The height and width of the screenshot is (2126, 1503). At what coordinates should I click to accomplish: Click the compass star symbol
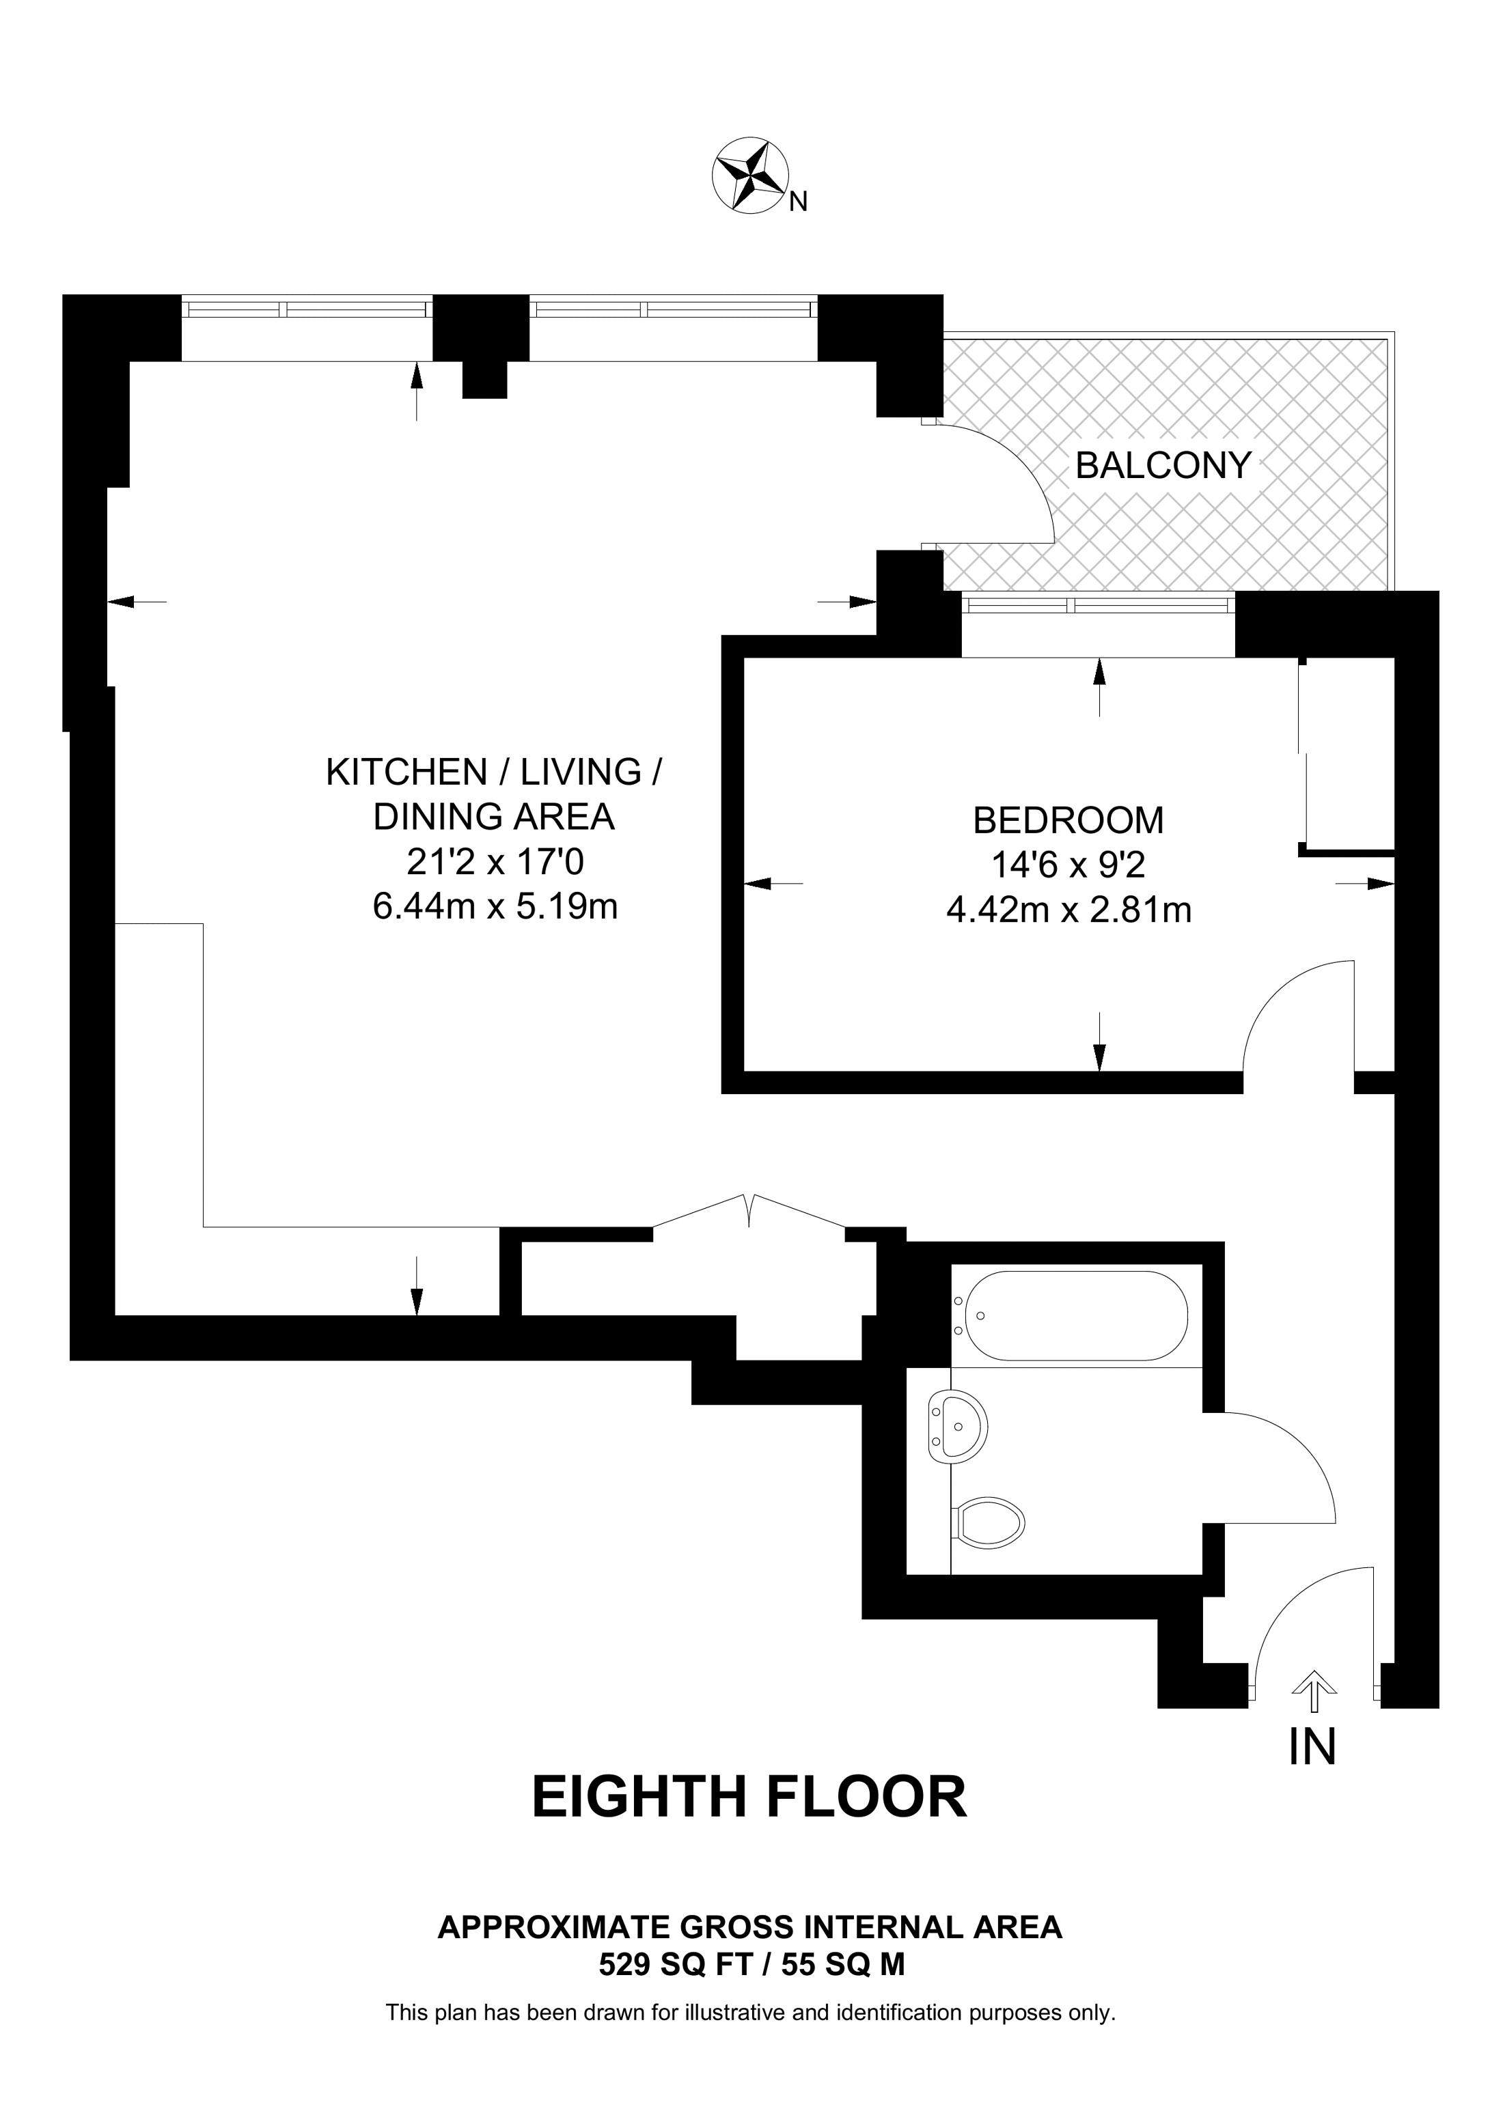pyautogui.click(x=749, y=178)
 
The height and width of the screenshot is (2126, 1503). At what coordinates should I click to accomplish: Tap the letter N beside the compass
pyautogui.click(x=797, y=203)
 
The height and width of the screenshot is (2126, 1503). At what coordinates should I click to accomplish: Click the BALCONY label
pyautogui.click(x=1163, y=465)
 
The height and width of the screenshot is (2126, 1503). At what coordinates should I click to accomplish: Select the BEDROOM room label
pyautogui.click(x=1068, y=820)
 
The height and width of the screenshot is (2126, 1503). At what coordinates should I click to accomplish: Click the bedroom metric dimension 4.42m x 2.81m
pyautogui.click(x=1068, y=911)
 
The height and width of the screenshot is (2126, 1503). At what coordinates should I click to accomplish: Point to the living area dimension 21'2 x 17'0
pyautogui.click(x=495, y=863)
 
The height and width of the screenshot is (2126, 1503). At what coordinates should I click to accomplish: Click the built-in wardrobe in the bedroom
pyautogui.click(x=1347, y=755)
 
